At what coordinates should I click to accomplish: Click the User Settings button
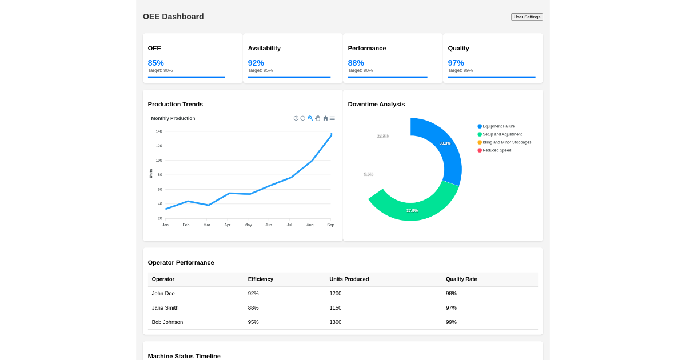click(527, 17)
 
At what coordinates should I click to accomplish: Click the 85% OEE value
click(155, 63)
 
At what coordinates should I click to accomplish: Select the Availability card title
click(264, 48)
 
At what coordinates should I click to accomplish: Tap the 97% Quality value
click(456, 63)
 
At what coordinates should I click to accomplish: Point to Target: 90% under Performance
click(360, 70)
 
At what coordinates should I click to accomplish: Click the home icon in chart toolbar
click(325, 118)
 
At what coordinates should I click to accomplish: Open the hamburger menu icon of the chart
click(332, 118)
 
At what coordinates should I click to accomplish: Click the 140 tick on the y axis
click(159, 131)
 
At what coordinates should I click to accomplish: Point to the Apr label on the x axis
click(228, 225)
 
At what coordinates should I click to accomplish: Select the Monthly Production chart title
click(173, 118)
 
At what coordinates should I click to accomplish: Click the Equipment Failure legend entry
click(498, 126)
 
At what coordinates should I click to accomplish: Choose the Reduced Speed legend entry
click(497, 150)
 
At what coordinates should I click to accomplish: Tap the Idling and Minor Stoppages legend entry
click(506, 142)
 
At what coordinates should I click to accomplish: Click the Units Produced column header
click(349, 279)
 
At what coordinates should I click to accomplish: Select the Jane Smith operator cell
click(165, 308)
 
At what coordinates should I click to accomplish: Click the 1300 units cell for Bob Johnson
click(335, 322)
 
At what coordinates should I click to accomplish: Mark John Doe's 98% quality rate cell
click(451, 294)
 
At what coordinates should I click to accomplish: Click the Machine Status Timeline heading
click(184, 356)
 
